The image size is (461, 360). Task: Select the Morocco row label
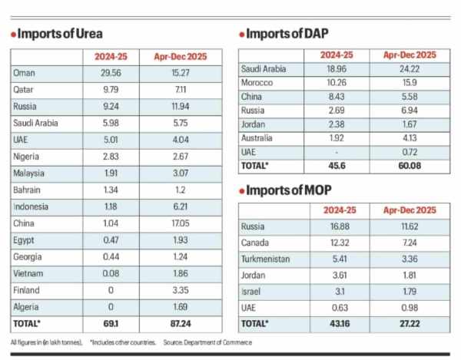pos(260,82)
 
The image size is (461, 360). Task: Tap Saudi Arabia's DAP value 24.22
pos(409,68)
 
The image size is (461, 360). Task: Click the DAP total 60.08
pos(409,165)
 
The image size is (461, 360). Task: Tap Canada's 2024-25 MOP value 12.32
pos(337,241)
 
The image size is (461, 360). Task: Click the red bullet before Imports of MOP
pos(242,192)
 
